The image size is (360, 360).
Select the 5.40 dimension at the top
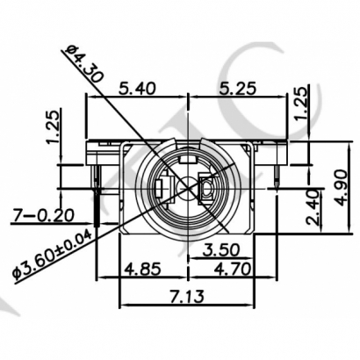(x=135, y=89)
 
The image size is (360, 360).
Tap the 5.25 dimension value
(x=232, y=89)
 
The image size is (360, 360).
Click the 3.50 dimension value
(x=225, y=249)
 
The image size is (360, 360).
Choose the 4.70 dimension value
(x=232, y=267)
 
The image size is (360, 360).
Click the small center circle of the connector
(x=184, y=188)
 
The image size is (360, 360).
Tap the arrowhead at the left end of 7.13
(x=123, y=306)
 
